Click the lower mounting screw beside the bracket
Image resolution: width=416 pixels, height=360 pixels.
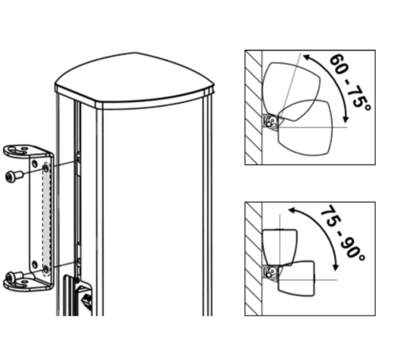11,277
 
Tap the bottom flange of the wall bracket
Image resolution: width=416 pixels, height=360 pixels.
27,285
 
